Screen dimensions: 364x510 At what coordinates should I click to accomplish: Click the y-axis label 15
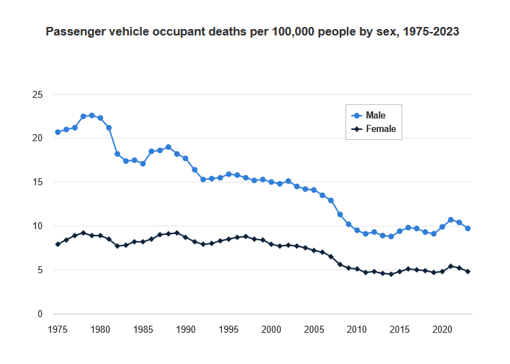pyautogui.click(x=38, y=182)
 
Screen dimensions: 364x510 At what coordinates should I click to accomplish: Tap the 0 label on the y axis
pyautogui.click(x=40, y=314)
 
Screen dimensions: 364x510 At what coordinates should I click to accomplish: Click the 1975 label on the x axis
pyautogui.click(x=57, y=329)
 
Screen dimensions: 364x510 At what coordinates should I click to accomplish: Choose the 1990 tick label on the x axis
pyautogui.click(x=186, y=329)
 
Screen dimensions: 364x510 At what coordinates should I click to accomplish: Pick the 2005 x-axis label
pyautogui.click(x=314, y=329)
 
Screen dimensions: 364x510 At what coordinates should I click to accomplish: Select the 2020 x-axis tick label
pyautogui.click(x=442, y=329)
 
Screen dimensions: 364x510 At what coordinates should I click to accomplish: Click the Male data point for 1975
pyautogui.click(x=57, y=132)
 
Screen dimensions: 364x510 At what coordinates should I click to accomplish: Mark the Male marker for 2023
pyautogui.click(x=467, y=228)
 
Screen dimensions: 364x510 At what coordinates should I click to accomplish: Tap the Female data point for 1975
pyautogui.click(x=57, y=244)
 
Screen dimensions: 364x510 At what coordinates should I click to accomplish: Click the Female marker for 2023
pyautogui.click(x=467, y=272)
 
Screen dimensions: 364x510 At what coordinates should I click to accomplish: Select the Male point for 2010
pyautogui.click(x=357, y=231)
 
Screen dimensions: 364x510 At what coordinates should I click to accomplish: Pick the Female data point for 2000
pyautogui.click(x=271, y=244)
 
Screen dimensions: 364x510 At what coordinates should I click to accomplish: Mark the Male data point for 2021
pyautogui.click(x=450, y=220)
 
